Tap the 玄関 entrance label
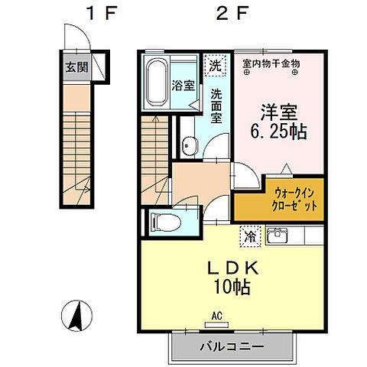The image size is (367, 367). tap(76, 67)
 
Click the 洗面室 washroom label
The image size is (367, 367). tap(216, 106)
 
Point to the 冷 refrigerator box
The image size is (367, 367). tap(250, 237)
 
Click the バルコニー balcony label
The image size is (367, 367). tap(232, 346)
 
